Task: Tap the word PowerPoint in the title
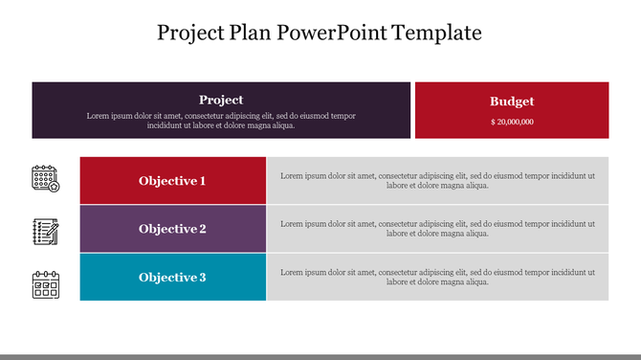pyautogui.click(x=327, y=33)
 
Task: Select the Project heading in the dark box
pyautogui.click(x=221, y=100)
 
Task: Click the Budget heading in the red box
pyautogui.click(x=512, y=101)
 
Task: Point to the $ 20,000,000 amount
pyautogui.click(x=512, y=123)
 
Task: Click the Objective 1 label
pyautogui.click(x=172, y=181)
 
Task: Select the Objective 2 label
pyautogui.click(x=172, y=229)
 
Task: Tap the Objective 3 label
pyautogui.click(x=172, y=278)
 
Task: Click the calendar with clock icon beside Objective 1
pyautogui.click(x=46, y=179)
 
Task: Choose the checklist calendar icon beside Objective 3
pyautogui.click(x=46, y=284)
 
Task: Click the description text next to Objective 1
pyautogui.click(x=437, y=181)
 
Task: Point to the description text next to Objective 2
pyautogui.click(x=437, y=229)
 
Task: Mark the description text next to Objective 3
pyautogui.click(x=437, y=278)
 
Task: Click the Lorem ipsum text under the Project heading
pyautogui.click(x=221, y=121)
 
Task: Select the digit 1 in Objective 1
pyautogui.click(x=202, y=181)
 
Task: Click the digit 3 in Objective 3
pyautogui.click(x=202, y=278)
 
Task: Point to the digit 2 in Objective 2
pyautogui.click(x=202, y=229)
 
